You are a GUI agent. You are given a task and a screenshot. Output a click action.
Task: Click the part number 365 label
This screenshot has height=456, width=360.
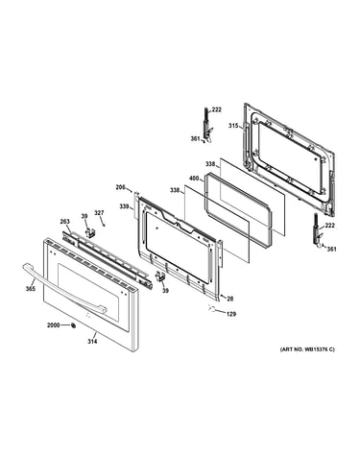[31, 288]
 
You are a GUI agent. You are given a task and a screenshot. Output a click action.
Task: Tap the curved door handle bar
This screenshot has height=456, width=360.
[64, 288]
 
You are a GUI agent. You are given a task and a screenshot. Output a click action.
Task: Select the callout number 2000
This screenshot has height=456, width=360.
[54, 325]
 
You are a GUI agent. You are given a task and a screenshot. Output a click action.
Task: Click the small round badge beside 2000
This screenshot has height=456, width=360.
[73, 325]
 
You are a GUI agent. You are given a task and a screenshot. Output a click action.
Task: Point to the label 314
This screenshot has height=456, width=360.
[92, 342]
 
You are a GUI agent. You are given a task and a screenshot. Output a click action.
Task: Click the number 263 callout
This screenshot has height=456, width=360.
[65, 222]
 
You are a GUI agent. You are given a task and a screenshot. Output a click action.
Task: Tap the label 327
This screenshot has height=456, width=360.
[99, 213]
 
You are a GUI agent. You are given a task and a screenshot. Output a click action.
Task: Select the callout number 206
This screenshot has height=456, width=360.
[120, 187]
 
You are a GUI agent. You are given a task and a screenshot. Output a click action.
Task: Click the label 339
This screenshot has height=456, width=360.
[124, 206]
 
